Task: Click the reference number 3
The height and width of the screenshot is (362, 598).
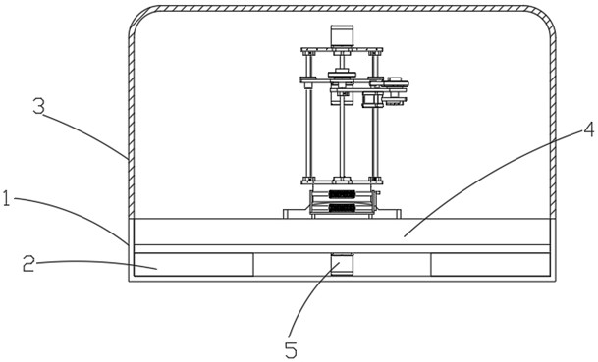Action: (38, 107)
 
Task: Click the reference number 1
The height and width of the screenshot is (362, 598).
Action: (6, 199)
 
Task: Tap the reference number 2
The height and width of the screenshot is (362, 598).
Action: (28, 264)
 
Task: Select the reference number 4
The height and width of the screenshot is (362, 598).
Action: (589, 129)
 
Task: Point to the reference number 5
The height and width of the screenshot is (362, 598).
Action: (291, 350)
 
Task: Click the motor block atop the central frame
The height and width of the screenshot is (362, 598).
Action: (342, 36)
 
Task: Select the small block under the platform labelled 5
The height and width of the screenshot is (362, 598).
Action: (342, 264)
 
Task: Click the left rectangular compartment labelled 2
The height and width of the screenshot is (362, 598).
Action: (193, 264)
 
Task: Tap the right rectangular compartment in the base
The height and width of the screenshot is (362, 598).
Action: (490, 264)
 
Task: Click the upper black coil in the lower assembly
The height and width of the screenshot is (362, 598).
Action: (342, 194)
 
